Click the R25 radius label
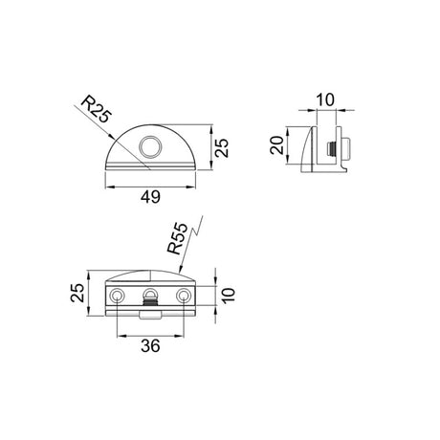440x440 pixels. click(97, 109)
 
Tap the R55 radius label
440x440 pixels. click(178, 238)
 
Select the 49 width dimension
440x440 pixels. click(150, 197)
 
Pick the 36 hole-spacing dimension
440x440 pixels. click(150, 345)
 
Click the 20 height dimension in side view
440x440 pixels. click(276, 145)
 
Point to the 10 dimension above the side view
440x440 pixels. click(326, 99)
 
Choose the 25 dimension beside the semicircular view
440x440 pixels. click(222, 147)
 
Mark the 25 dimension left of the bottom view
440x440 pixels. click(77, 293)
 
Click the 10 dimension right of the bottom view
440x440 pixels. click(229, 296)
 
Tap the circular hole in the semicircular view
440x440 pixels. click(150, 146)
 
